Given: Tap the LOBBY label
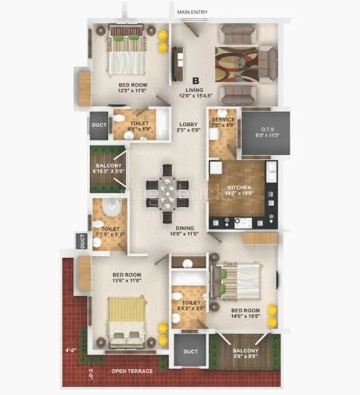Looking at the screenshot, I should tap(187, 125).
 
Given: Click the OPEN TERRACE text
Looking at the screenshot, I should tap(132, 371).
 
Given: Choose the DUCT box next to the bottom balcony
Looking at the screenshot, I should tap(191, 352).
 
